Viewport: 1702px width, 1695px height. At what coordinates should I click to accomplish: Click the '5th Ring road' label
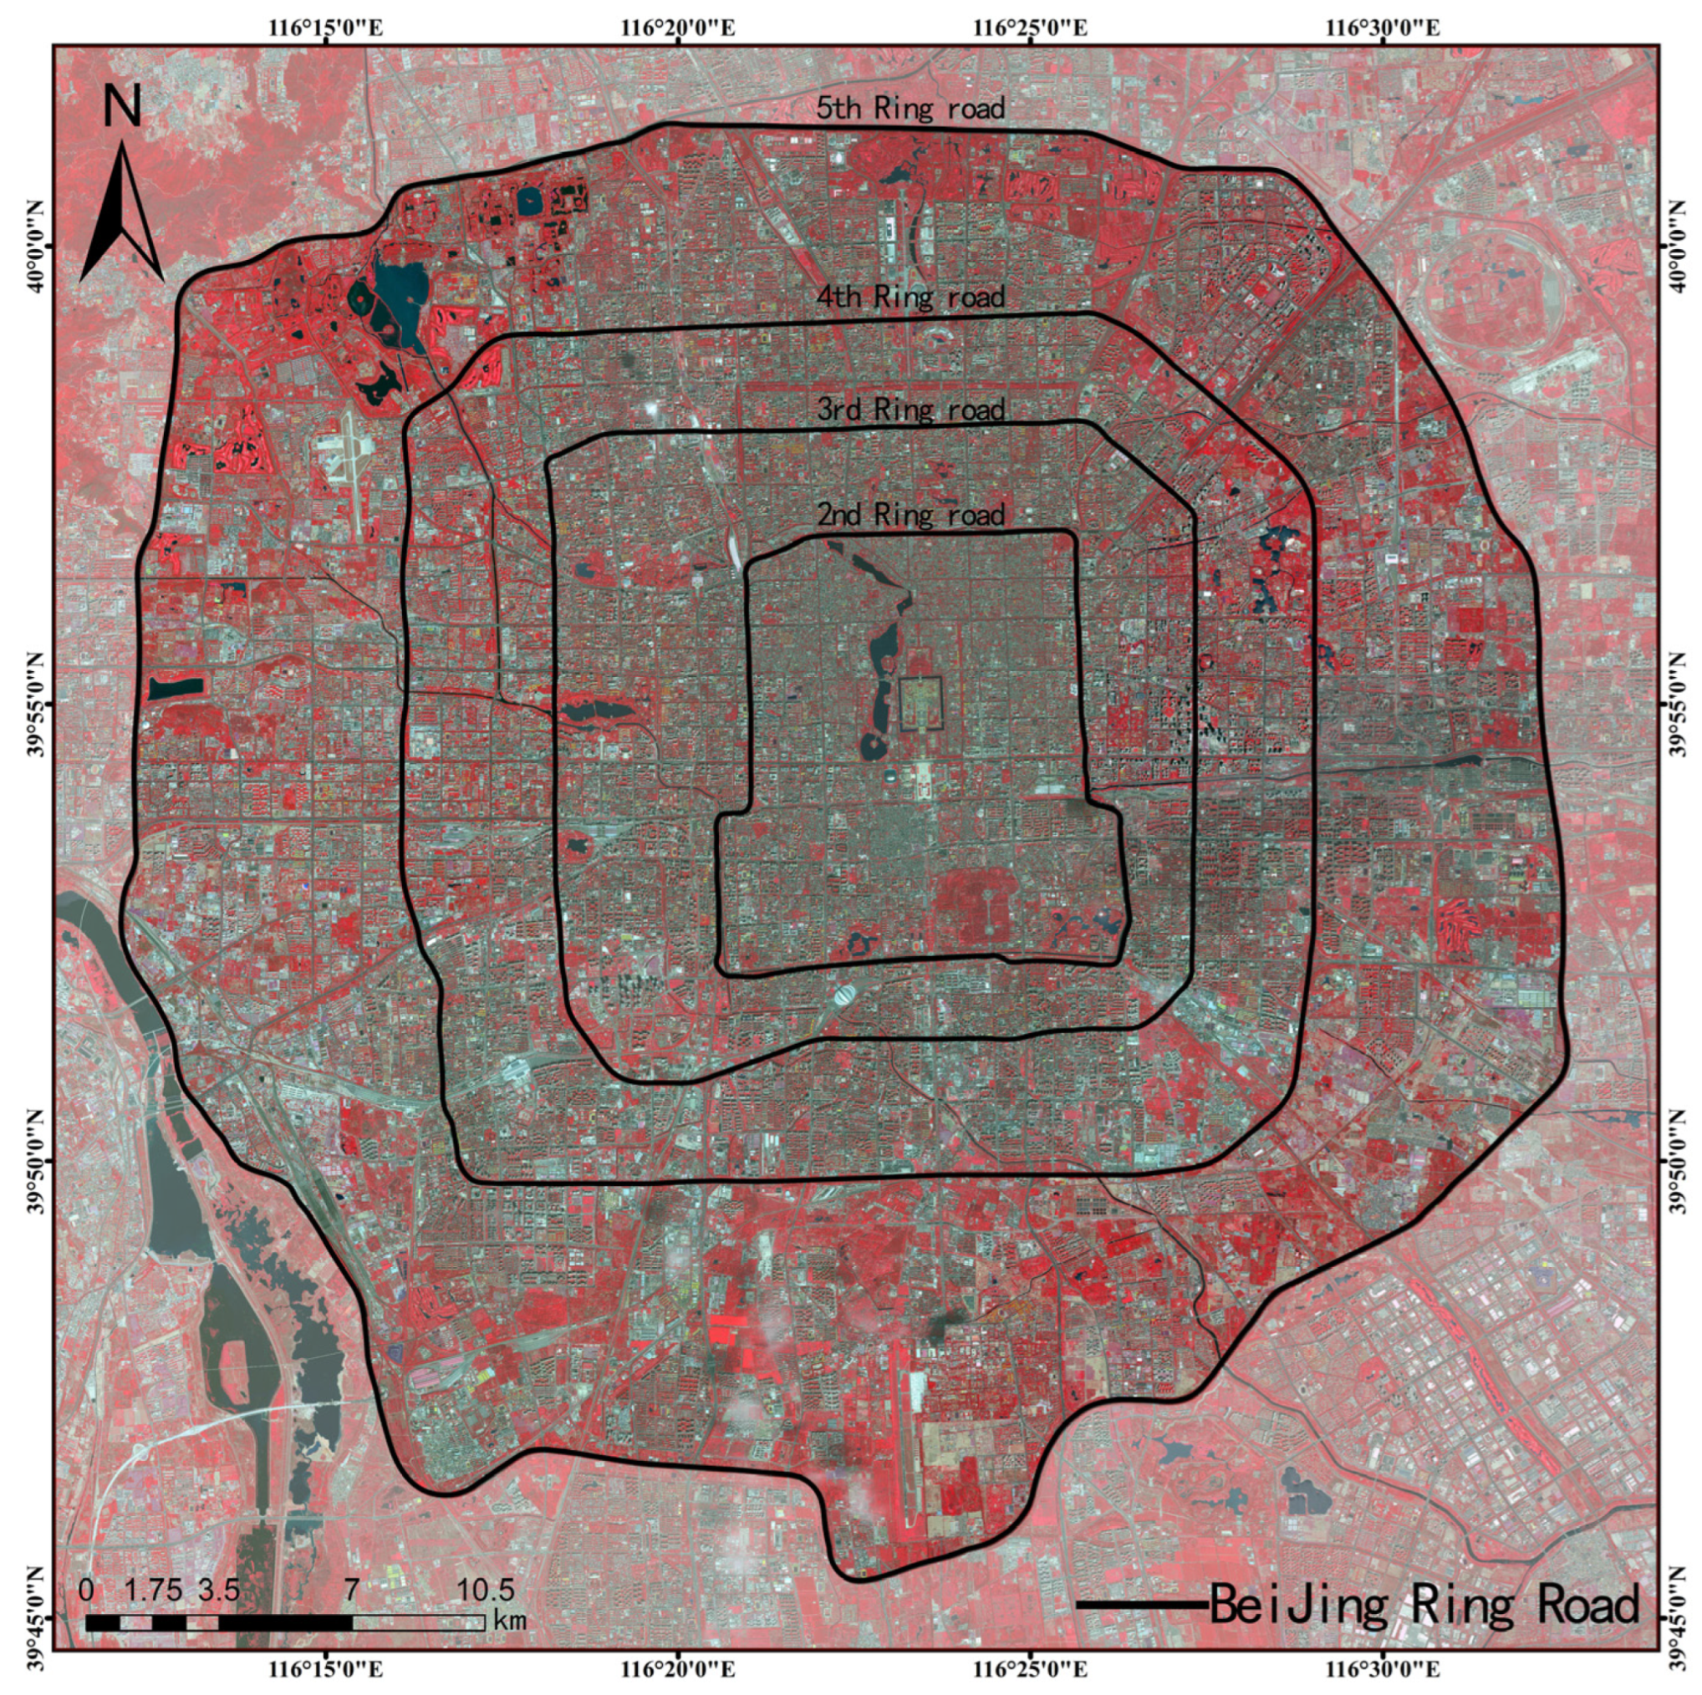click(x=910, y=109)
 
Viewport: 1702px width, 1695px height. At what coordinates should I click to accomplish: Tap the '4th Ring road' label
click(x=910, y=297)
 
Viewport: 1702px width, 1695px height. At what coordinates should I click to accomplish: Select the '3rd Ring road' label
click(x=910, y=410)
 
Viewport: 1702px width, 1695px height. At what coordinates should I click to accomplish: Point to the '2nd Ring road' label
click(x=910, y=515)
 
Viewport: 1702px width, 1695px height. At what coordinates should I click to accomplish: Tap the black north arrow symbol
click(x=121, y=216)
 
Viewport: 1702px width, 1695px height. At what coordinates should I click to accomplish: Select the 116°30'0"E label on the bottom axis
click(x=1384, y=1668)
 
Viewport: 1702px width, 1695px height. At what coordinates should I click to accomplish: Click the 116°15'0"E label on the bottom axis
click(x=326, y=1668)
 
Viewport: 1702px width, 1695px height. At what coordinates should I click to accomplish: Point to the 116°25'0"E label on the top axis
click(x=1031, y=28)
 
